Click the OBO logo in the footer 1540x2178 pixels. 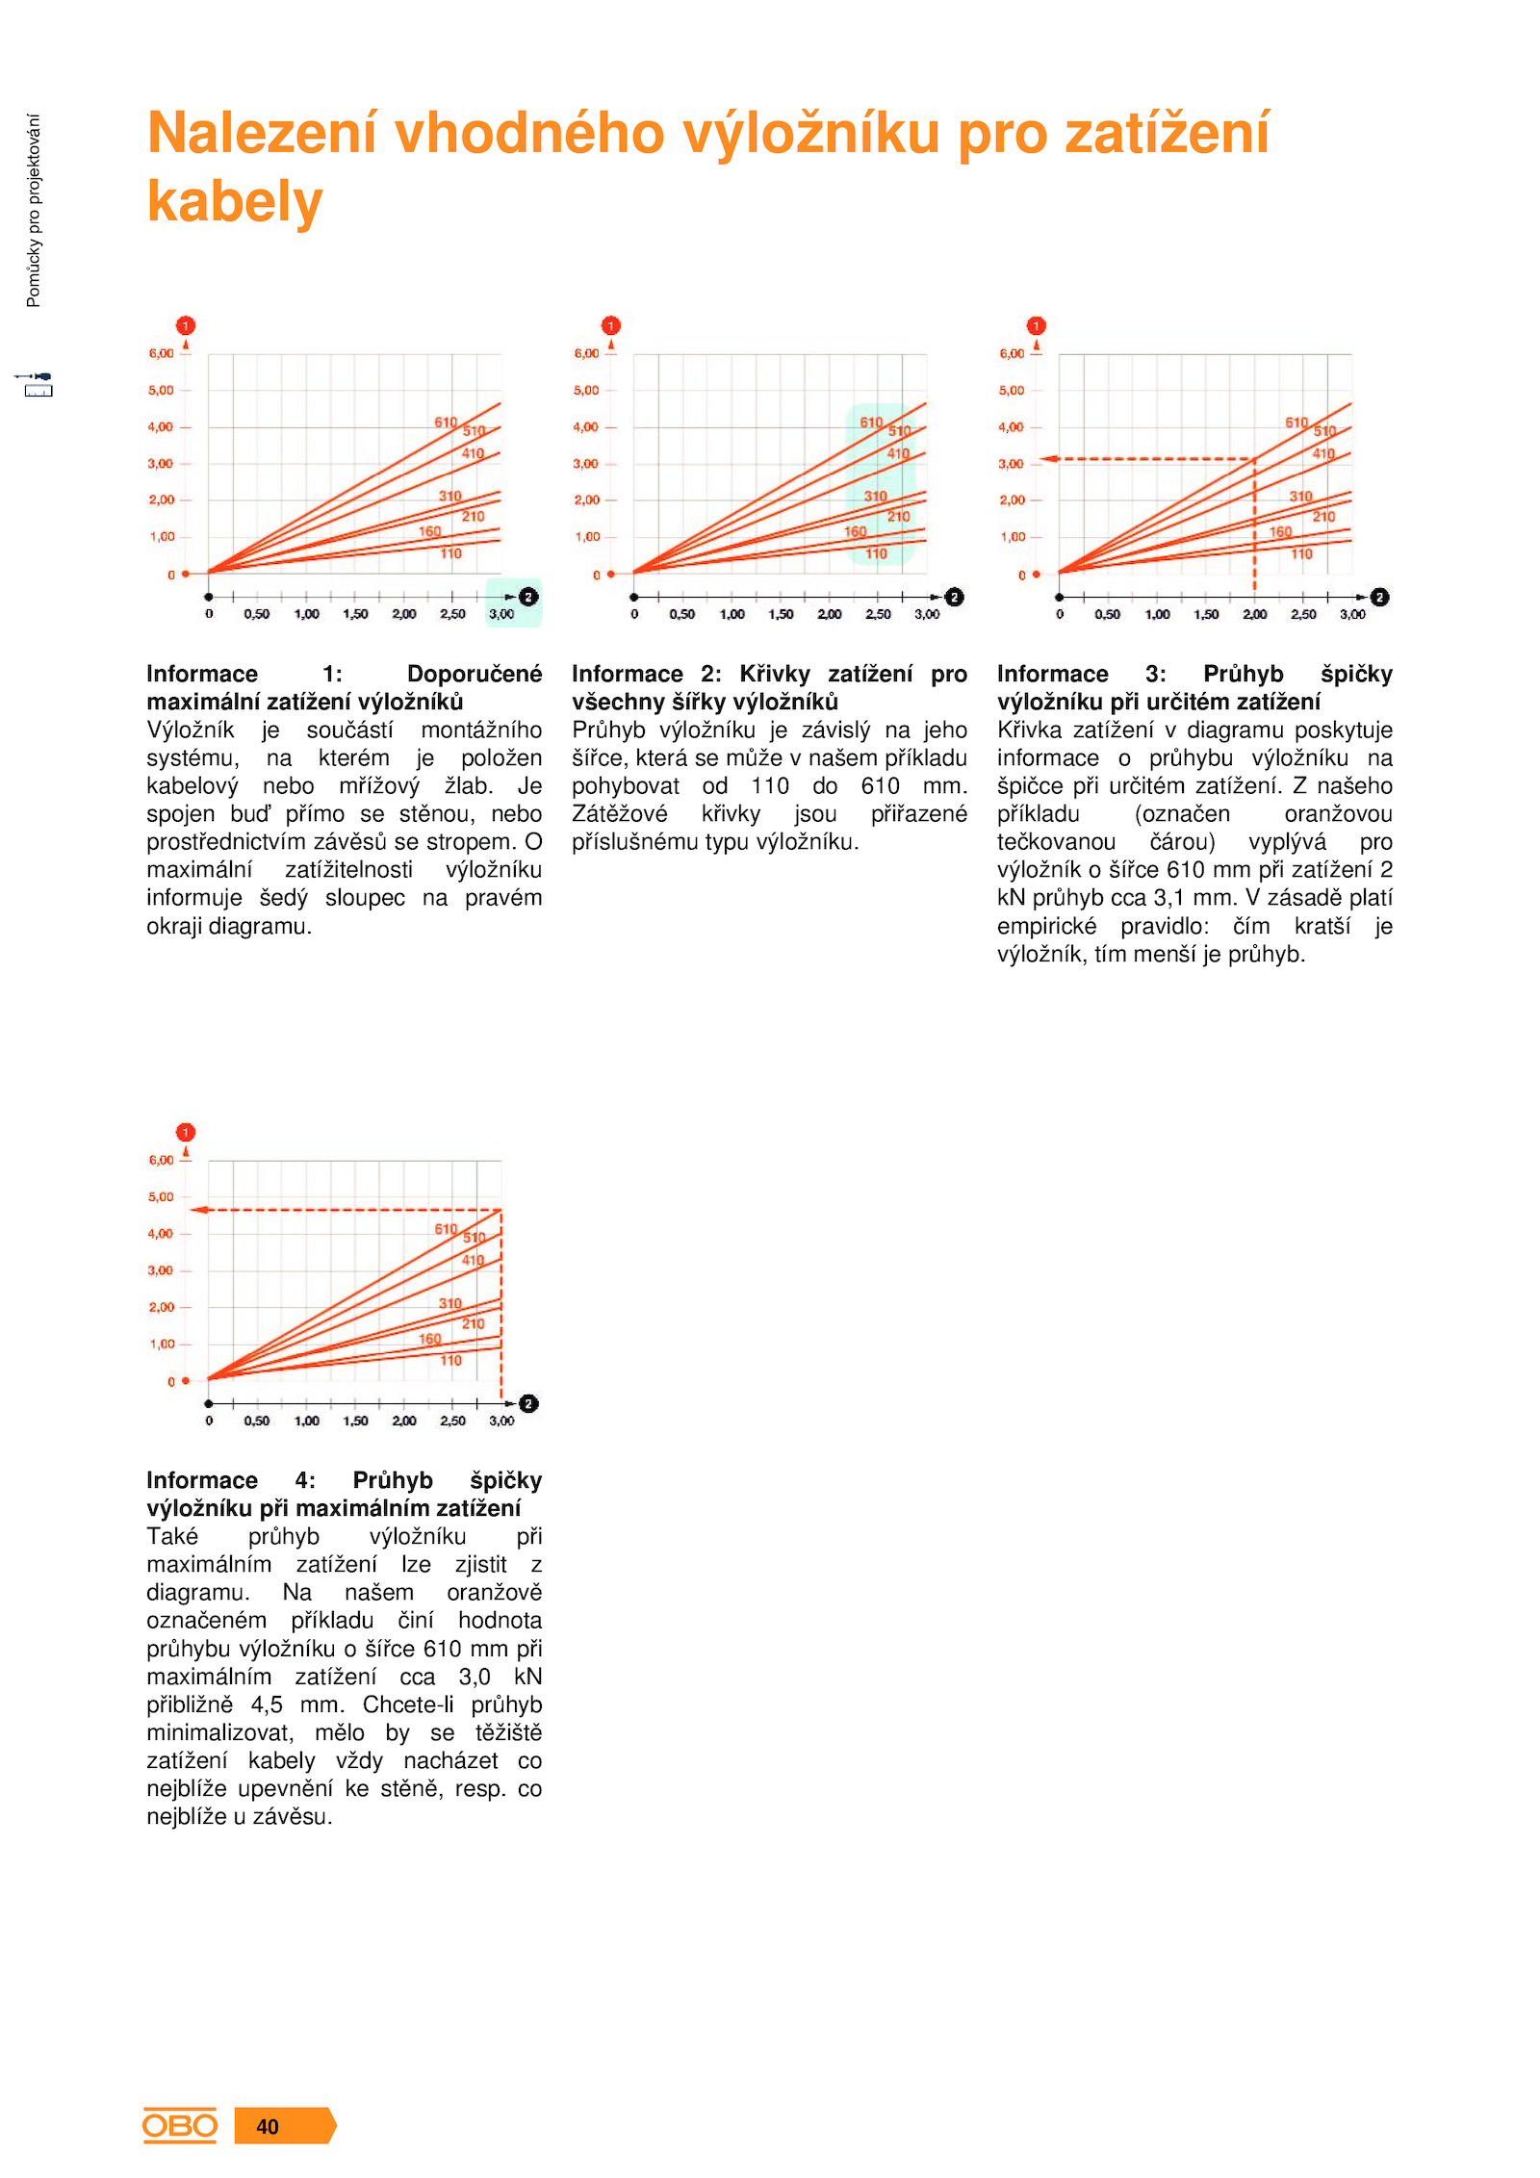tap(180, 2125)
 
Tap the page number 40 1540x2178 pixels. tap(268, 2127)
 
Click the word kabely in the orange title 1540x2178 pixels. tap(235, 201)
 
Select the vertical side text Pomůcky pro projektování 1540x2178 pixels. tap(34, 211)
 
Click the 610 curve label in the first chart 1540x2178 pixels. tap(446, 423)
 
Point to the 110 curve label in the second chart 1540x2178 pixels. tap(876, 553)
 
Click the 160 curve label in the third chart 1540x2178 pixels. tap(1280, 531)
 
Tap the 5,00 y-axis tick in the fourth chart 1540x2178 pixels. tap(161, 1196)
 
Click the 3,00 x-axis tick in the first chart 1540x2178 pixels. tap(501, 614)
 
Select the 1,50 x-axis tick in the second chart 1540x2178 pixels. tap(781, 614)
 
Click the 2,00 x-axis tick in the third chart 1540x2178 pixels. tap(1254, 614)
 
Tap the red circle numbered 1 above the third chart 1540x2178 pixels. tap(1036, 325)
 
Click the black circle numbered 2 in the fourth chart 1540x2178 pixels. tap(528, 1403)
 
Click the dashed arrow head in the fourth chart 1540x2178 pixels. tap(198, 1210)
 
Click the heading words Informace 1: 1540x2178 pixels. tap(244, 674)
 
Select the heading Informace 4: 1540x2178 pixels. tap(231, 1480)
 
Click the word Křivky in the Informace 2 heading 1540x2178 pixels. tap(775, 674)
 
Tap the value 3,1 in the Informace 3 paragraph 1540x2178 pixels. tap(1168, 898)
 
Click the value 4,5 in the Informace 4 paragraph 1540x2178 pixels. tap(267, 1704)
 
